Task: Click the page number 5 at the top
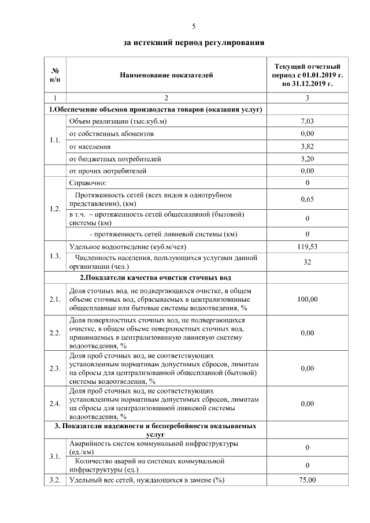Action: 194,26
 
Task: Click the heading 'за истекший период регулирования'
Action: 194,42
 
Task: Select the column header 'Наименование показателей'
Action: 166,75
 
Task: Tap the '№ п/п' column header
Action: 55,75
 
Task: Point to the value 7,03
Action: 307,121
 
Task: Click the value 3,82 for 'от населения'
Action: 307,146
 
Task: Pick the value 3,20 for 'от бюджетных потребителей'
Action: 307,158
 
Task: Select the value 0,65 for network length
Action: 307,199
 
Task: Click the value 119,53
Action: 307,247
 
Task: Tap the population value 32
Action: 307,262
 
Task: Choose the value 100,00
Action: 307,299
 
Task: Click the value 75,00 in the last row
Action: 307,480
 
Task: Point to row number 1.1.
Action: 55,140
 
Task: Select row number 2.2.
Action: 55,333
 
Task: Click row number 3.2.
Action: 55,480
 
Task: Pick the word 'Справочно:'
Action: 87,183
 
